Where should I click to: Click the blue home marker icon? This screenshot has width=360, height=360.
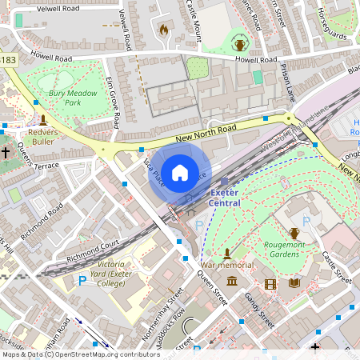180,172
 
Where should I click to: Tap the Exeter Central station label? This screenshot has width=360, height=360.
224,198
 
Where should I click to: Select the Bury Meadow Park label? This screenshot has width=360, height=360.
73,98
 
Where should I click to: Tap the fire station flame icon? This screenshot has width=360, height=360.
164,30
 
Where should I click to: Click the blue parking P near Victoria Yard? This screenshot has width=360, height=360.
82,281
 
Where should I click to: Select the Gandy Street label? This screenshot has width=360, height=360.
262,311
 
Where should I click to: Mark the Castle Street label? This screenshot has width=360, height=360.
336,268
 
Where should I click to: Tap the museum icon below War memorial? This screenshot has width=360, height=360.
232,281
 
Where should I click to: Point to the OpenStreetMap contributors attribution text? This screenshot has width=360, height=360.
80,354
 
